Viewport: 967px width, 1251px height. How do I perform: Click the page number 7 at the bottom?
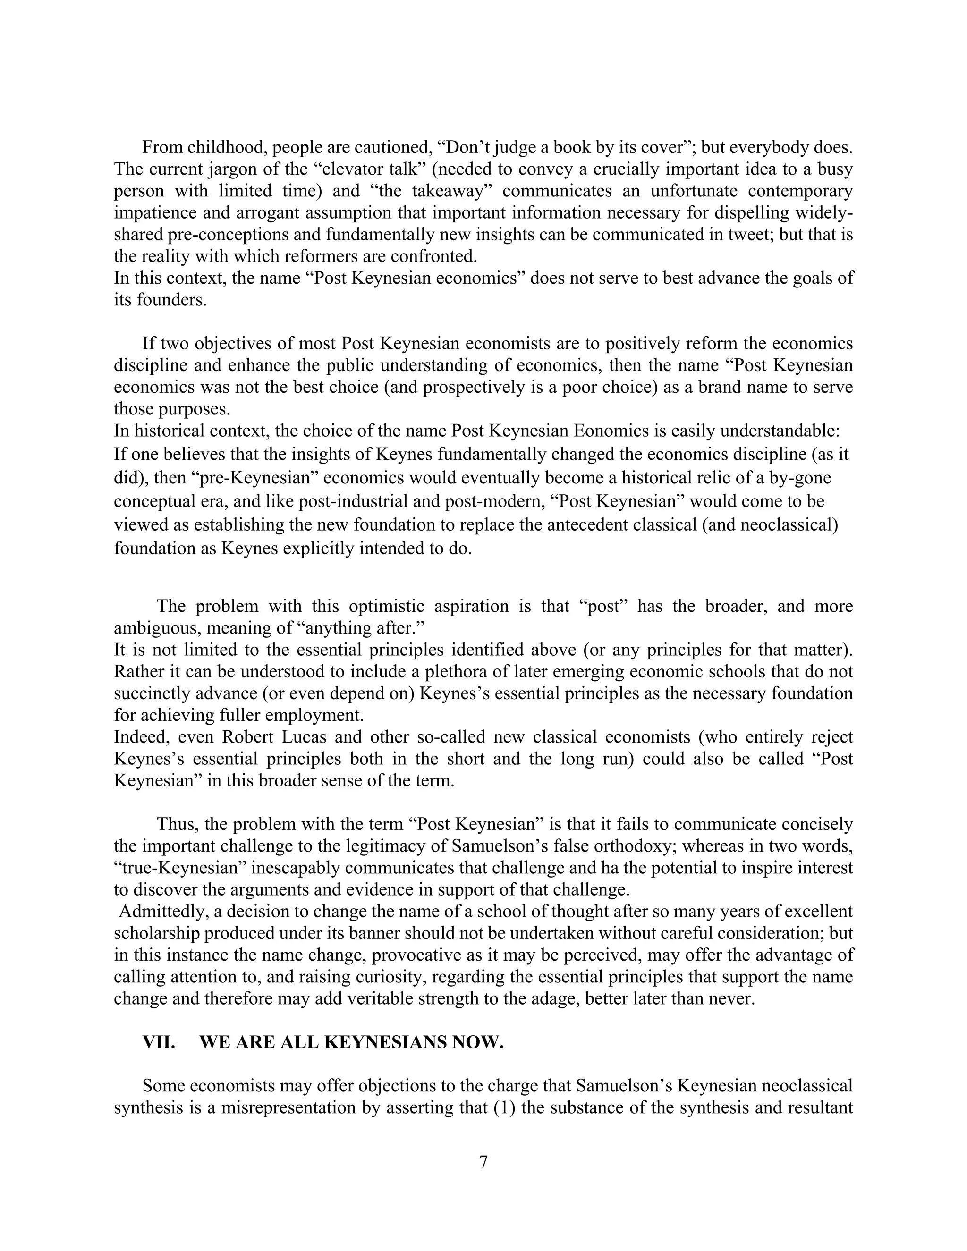[483, 1162]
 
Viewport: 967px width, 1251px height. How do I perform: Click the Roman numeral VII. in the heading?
[159, 1042]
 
